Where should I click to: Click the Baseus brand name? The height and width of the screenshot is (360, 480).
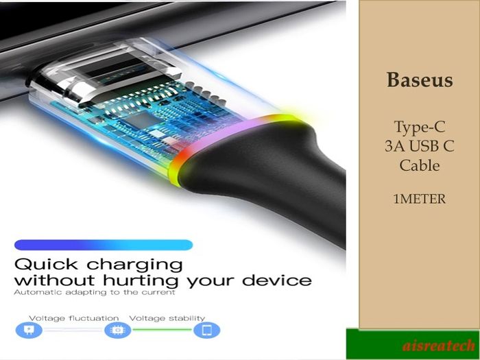[x=420, y=80]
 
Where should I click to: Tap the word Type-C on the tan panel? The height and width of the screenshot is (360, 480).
[x=419, y=127]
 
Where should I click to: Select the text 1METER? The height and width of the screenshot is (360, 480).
[x=420, y=199]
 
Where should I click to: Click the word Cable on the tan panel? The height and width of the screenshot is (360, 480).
[x=420, y=165]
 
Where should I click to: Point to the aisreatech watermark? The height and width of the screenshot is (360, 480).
[x=439, y=346]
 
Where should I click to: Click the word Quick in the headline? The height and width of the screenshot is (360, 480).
[x=46, y=265]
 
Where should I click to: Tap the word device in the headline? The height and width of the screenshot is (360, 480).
[x=277, y=280]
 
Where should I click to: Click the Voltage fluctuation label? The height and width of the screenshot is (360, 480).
[x=74, y=318]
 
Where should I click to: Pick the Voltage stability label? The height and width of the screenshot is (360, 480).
[x=167, y=318]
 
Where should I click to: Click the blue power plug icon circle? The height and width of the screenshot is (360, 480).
[x=29, y=330]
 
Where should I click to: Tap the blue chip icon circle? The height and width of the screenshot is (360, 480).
[x=117, y=330]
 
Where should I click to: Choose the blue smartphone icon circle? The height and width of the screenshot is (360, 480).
[x=206, y=330]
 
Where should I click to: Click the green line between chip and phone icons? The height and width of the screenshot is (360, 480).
[x=163, y=330]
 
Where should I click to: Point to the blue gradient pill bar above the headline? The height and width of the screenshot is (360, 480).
[x=104, y=245]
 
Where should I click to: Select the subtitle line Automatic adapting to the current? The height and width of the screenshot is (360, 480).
[x=95, y=292]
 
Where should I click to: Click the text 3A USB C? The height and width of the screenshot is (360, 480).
[x=420, y=146]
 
